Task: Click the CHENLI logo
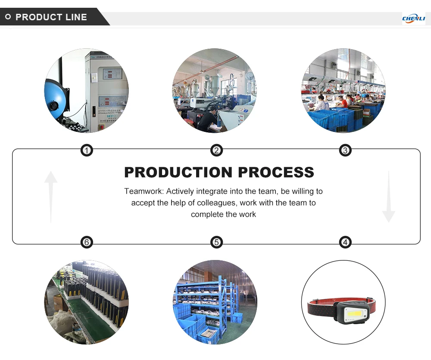tap(413, 19)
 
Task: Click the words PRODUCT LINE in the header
tap(51, 17)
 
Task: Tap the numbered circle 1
tap(87, 150)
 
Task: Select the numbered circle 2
tap(216, 150)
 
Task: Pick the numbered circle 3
tap(345, 150)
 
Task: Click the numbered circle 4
tap(345, 242)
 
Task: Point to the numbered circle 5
tap(216, 242)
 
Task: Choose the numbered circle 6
tap(87, 242)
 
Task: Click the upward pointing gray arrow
tap(51, 196)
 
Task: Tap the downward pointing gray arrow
tap(388, 196)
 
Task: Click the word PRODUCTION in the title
tap(178, 172)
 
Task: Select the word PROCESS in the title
tap(276, 172)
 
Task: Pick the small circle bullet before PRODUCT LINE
tap(8, 17)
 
